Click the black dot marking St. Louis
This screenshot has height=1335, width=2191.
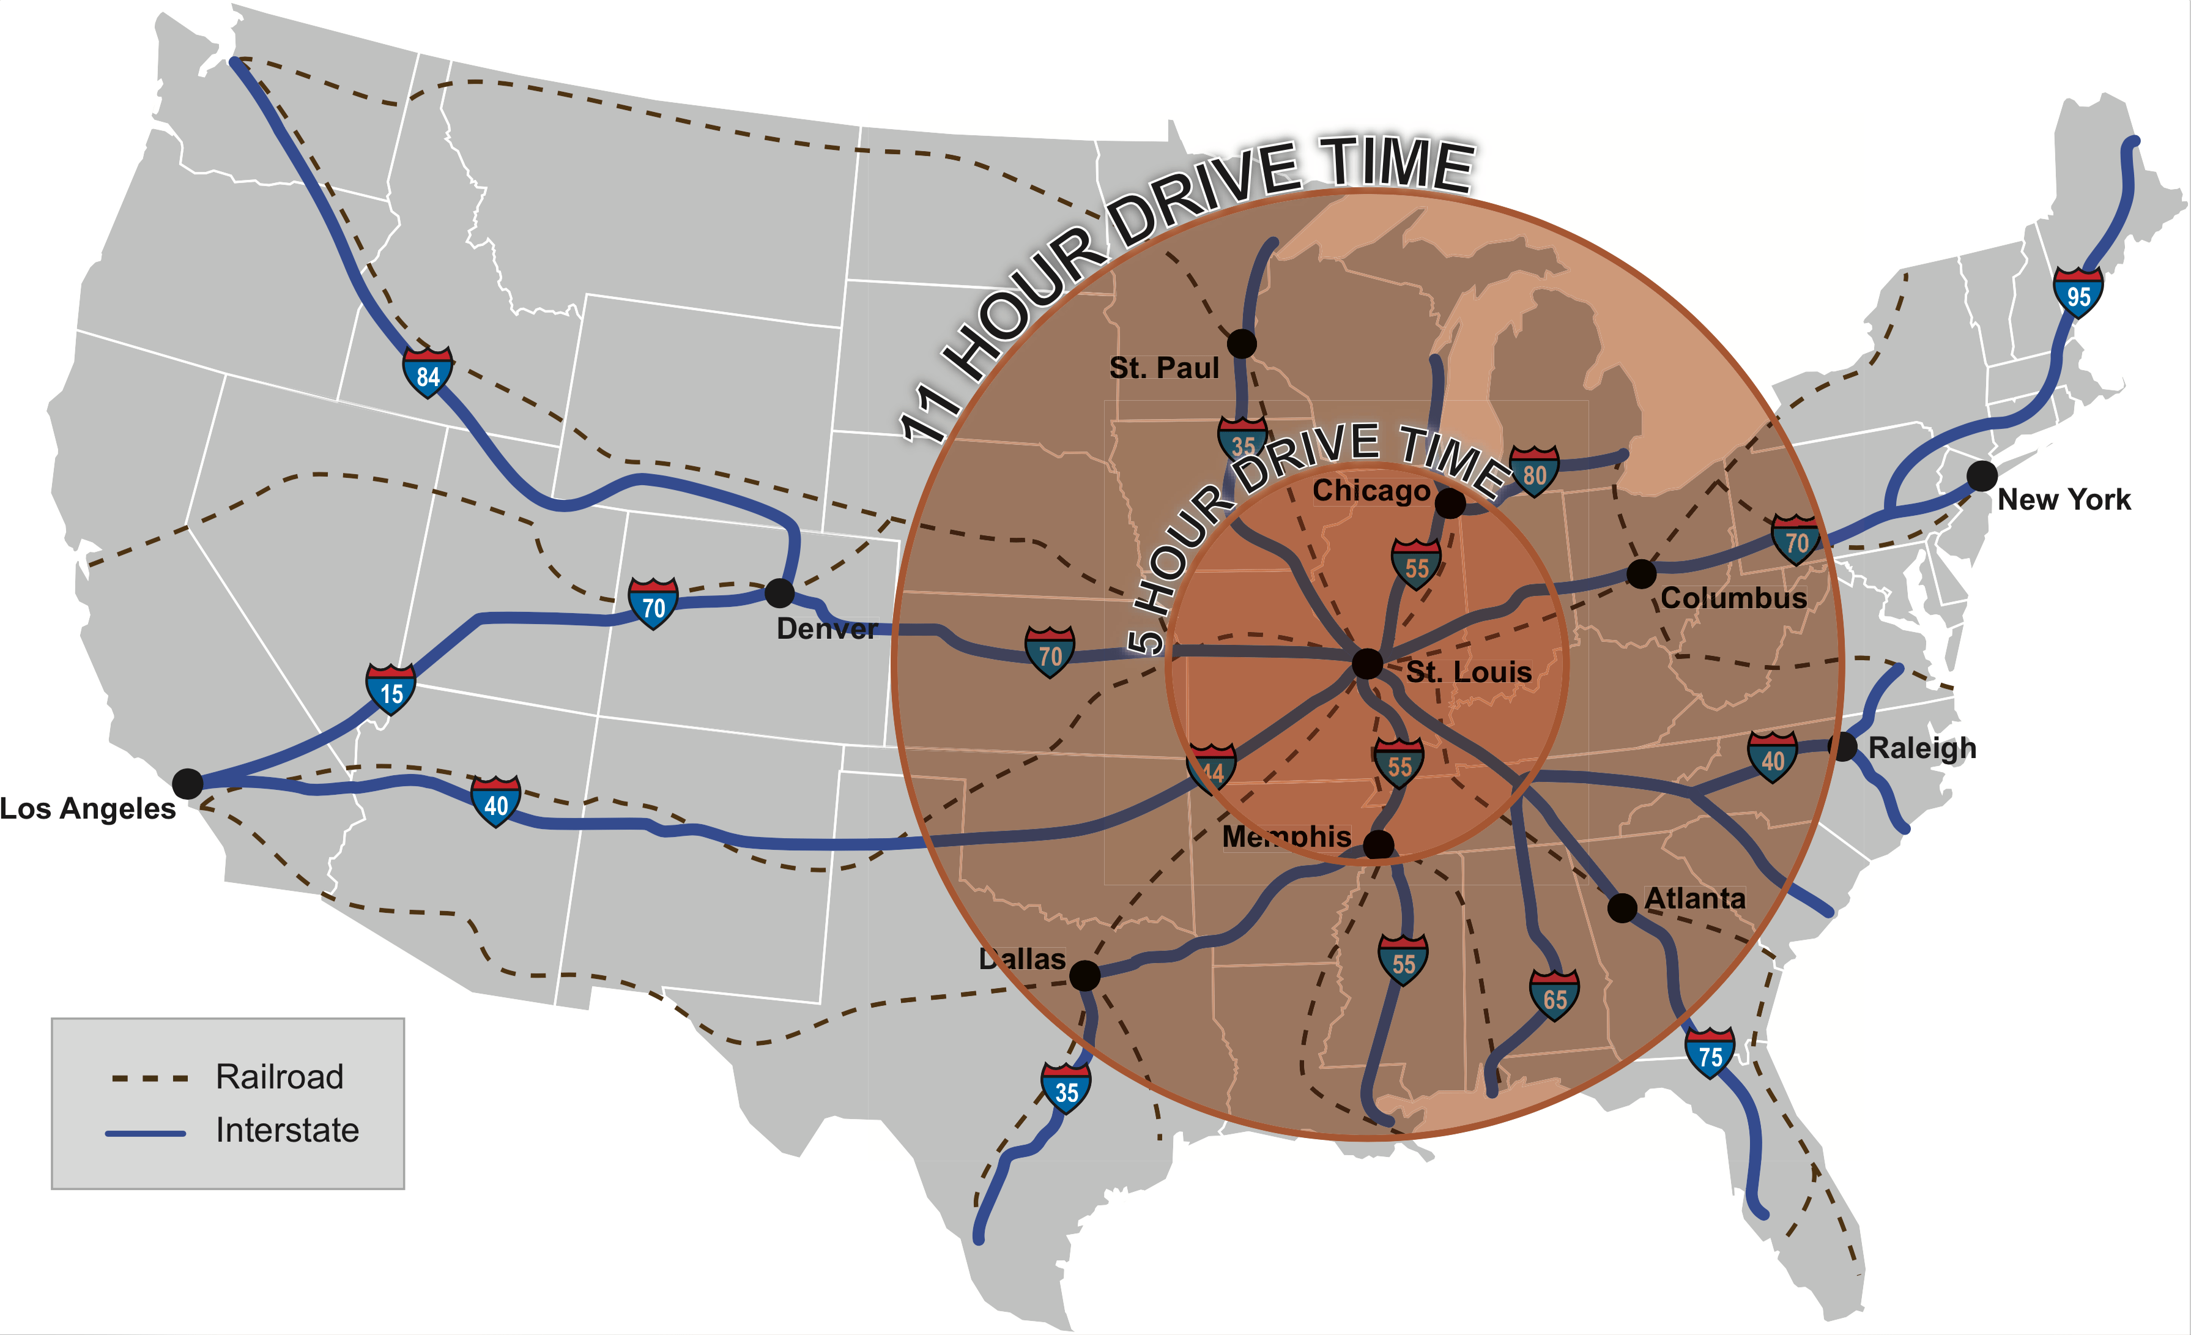(1366, 663)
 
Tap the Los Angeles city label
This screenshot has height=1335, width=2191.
(87, 808)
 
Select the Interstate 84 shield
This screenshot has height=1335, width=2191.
(428, 373)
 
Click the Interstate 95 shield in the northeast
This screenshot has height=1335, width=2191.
(2078, 292)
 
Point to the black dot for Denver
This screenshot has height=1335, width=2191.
(779, 592)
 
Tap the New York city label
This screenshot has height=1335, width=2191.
(2064, 500)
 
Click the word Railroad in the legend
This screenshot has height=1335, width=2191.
(279, 1077)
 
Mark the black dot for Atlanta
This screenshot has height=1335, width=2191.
(1622, 908)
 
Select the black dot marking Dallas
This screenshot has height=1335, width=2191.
(1084, 976)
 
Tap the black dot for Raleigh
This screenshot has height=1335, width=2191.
(1844, 747)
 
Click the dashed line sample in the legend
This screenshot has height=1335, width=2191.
(149, 1078)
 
